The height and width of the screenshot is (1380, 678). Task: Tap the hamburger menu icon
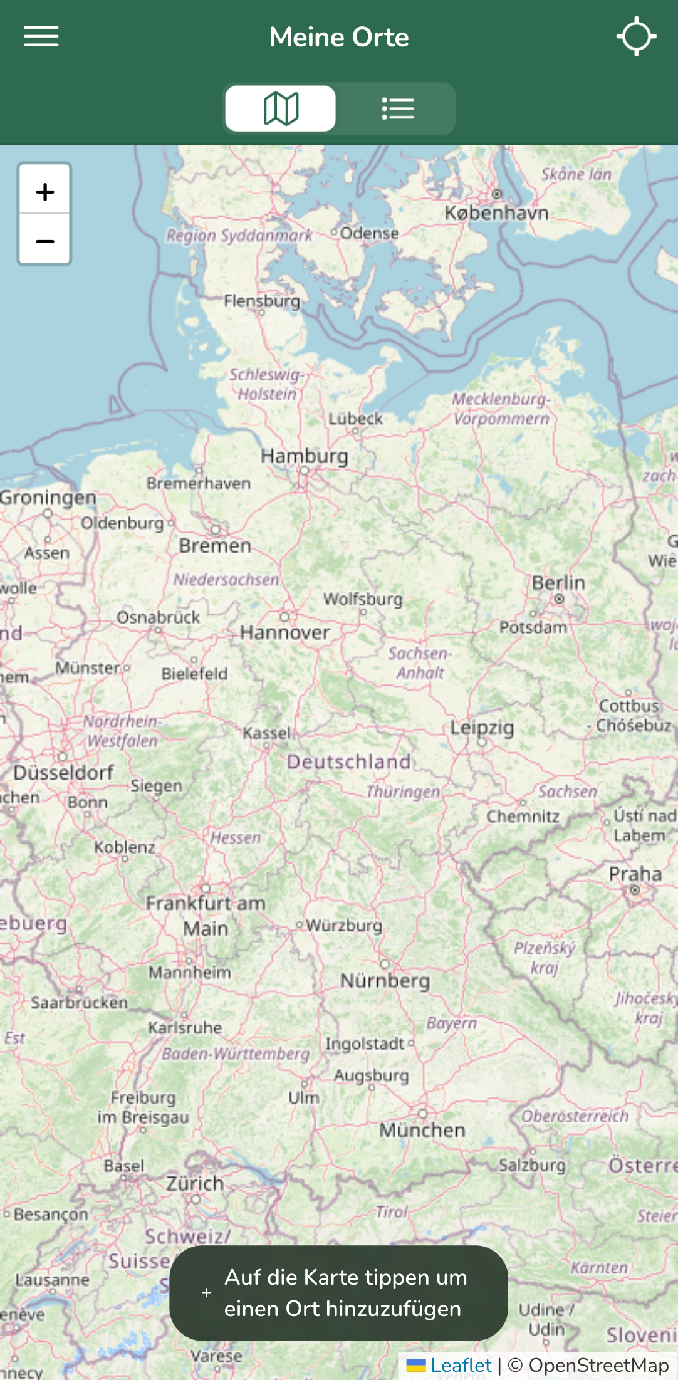pos(41,36)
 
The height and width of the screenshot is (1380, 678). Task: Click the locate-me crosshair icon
pos(636,36)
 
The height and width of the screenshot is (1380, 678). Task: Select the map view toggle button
pos(281,108)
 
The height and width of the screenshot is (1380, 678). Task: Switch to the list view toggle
pos(397,108)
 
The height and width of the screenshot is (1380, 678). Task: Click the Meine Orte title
pos(339,37)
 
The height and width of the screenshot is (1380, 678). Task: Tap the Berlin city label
pos(558,583)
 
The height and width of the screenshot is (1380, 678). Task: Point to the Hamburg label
pos(304,456)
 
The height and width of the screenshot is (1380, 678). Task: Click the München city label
pos(422,1130)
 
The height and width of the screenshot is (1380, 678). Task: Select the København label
pos(496,212)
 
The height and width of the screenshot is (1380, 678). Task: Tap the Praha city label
pos(635,874)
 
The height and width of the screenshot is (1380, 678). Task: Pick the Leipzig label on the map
pos(482,727)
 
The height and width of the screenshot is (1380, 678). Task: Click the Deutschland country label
pos(349,761)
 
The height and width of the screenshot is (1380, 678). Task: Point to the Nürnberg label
pos(385,980)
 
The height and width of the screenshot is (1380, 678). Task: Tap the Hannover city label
pos(285,632)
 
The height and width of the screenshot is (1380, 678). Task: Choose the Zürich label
pos(195,1183)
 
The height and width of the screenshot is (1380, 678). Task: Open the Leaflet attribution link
pos(461,1365)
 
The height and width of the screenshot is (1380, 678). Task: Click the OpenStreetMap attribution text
pos(598,1365)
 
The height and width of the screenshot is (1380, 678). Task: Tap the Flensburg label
pos(262,301)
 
